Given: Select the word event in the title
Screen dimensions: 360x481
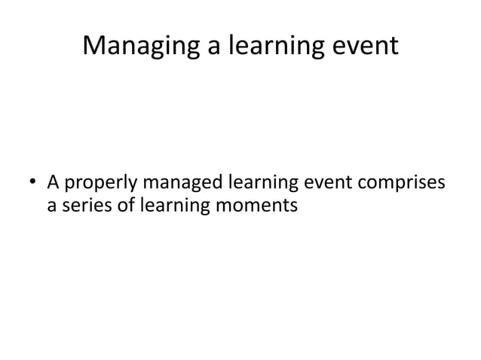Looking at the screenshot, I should (x=365, y=47).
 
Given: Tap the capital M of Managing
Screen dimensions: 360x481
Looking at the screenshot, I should (x=93, y=47).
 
